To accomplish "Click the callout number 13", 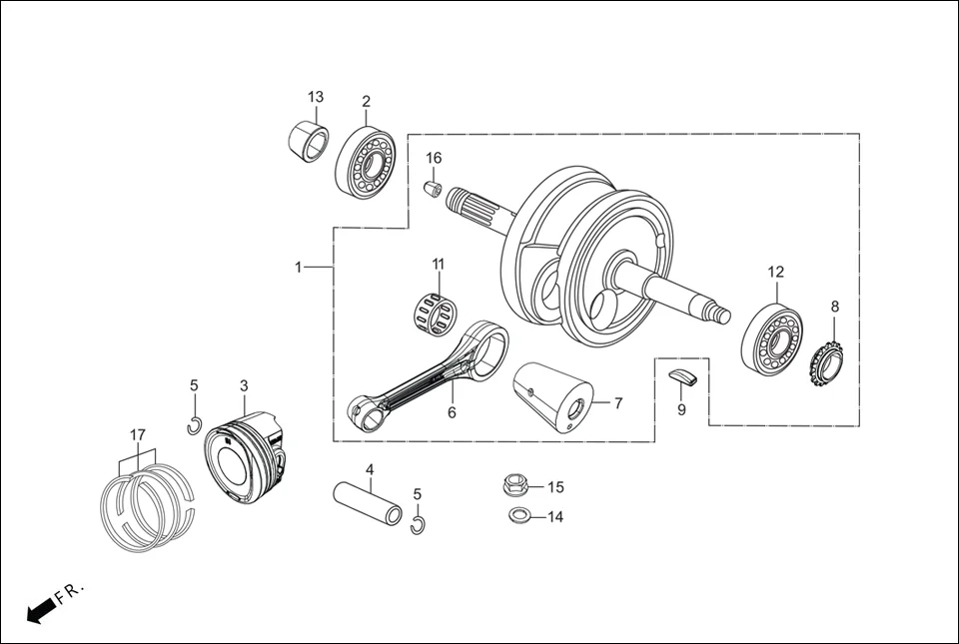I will [316, 97].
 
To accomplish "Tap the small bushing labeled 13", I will [309, 141].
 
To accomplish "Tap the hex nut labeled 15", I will [515, 486].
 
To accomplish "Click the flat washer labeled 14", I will [517, 516].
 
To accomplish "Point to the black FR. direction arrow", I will [40, 610].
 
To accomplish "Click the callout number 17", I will [138, 434].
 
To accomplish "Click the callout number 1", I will [298, 268].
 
